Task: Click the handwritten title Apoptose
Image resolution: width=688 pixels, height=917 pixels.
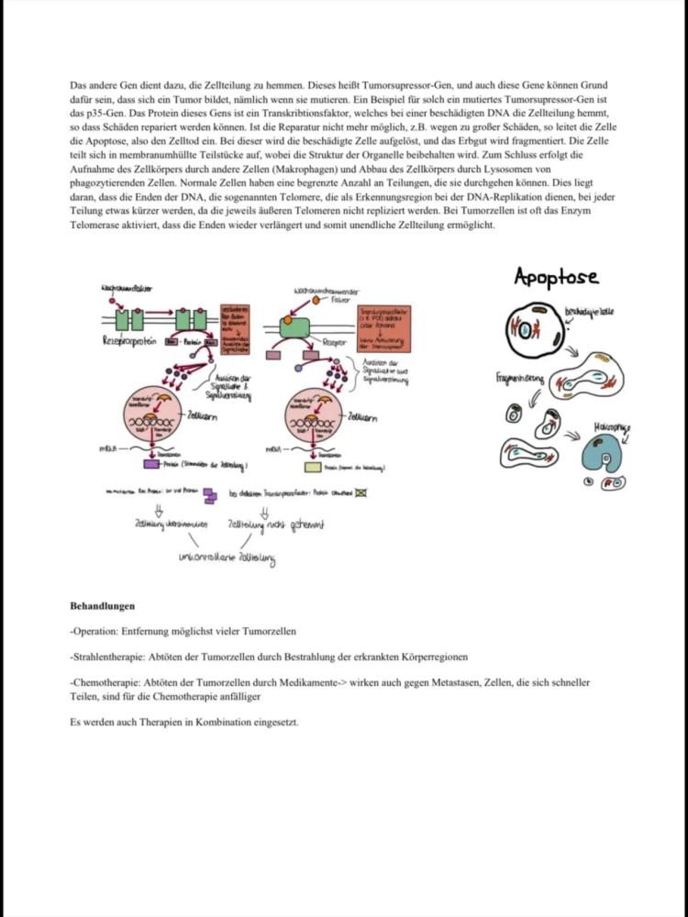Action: click(x=556, y=276)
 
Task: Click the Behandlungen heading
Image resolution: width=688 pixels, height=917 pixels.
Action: click(x=102, y=606)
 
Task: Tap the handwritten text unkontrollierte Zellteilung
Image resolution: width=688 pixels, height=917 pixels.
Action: click(x=227, y=558)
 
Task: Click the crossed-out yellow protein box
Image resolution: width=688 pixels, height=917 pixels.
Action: click(x=361, y=493)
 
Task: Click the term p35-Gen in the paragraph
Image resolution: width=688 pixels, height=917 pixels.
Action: click(x=88, y=111)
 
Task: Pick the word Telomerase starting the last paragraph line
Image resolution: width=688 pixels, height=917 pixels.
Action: click(x=95, y=226)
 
